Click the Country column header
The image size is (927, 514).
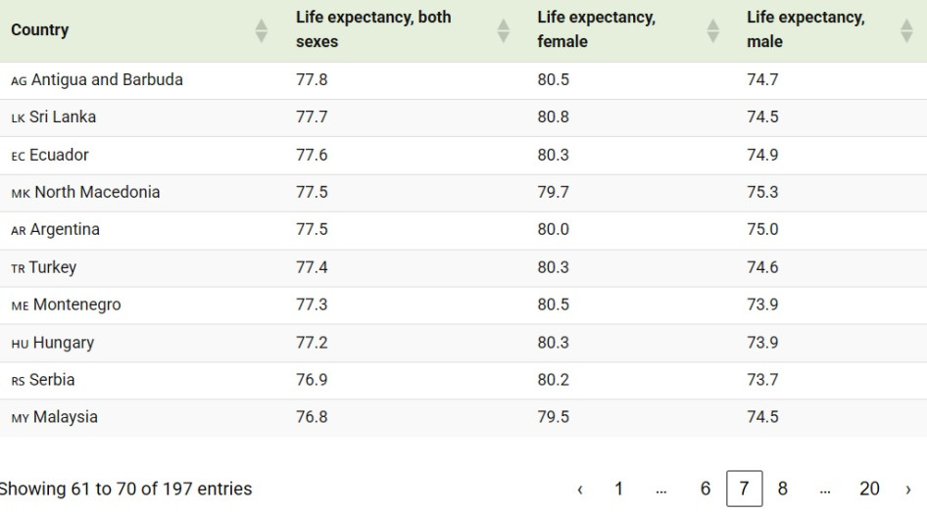40,29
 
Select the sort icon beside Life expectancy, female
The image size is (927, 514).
712,30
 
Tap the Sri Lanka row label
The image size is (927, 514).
63,117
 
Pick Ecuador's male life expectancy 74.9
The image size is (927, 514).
762,155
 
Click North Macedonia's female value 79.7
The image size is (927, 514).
553,192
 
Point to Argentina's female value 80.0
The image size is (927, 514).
553,230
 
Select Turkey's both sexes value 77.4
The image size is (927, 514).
312,267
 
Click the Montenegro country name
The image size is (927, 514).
77,304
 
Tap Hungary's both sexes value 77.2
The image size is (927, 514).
312,343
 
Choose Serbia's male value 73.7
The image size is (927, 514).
762,380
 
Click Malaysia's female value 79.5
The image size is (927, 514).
553,417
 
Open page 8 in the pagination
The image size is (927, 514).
782,489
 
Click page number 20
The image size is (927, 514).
869,489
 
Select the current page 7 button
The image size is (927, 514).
744,489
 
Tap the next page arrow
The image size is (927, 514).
908,489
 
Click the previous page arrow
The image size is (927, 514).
580,489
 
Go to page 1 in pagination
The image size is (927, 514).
618,489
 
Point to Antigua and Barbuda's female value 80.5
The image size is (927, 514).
553,80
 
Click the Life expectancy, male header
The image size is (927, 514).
805,29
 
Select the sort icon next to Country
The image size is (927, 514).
261,30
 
